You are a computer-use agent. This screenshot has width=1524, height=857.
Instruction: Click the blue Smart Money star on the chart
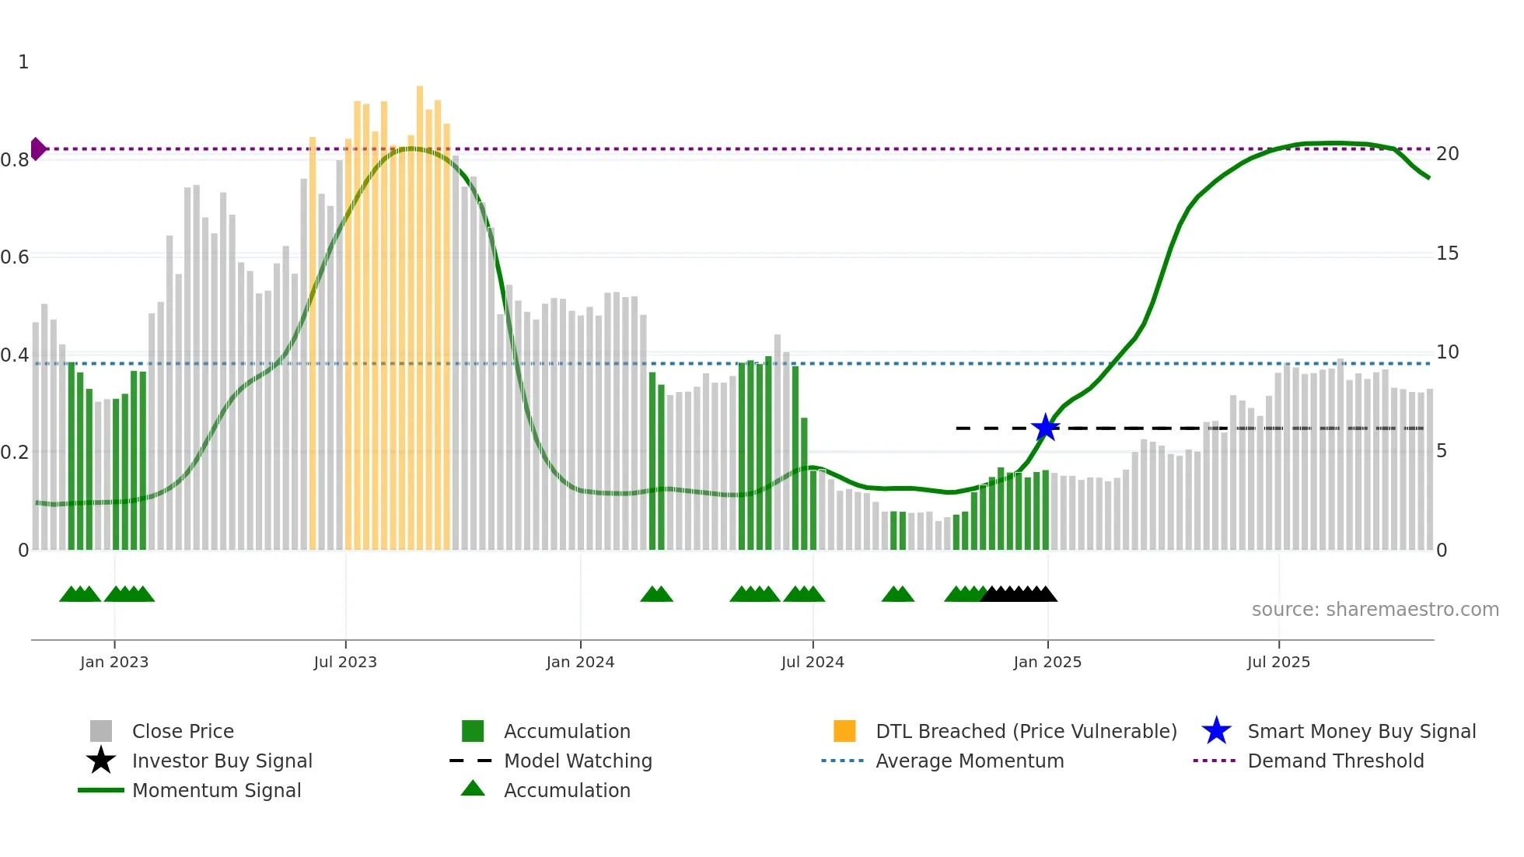(1046, 428)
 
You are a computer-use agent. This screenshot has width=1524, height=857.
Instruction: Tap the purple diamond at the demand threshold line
(37, 149)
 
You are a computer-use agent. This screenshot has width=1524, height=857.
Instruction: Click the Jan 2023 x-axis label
(114, 662)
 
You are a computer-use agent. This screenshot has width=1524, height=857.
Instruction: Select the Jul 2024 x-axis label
(813, 662)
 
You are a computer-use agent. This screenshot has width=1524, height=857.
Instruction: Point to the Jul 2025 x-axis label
(1278, 662)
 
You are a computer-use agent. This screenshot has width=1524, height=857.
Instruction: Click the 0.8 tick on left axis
(15, 160)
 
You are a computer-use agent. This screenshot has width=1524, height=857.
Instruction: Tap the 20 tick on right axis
(1447, 154)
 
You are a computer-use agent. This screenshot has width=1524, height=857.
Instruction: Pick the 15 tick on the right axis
(1447, 254)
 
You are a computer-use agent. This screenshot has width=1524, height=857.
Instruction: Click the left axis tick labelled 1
(23, 62)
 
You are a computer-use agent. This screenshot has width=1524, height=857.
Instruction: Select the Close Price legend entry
(183, 731)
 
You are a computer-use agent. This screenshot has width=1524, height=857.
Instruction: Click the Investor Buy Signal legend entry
(222, 761)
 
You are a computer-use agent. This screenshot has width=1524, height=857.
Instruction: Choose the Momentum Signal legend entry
(216, 790)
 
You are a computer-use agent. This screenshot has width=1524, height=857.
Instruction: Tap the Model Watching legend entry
(578, 761)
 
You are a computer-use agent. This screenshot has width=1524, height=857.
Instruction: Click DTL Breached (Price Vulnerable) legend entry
(1026, 731)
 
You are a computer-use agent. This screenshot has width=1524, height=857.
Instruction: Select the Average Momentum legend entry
(969, 761)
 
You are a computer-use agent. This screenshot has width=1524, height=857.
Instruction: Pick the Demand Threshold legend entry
(1335, 761)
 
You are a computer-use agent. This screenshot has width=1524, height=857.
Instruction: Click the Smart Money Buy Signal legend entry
(1361, 731)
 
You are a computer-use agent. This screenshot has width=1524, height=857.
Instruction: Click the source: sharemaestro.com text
(1375, 610)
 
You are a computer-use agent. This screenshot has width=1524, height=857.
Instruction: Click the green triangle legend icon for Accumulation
(473, 789)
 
